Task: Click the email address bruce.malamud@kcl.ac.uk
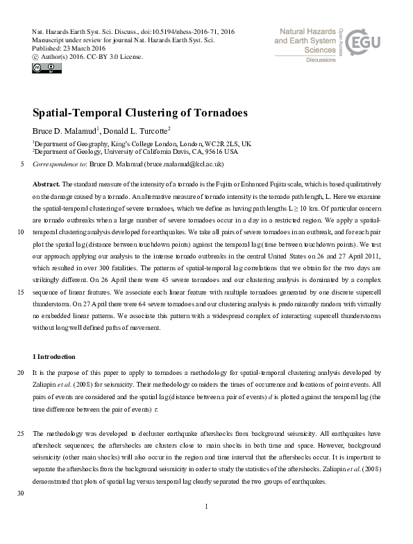coord(184,164)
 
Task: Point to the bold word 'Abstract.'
coord(47,184)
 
